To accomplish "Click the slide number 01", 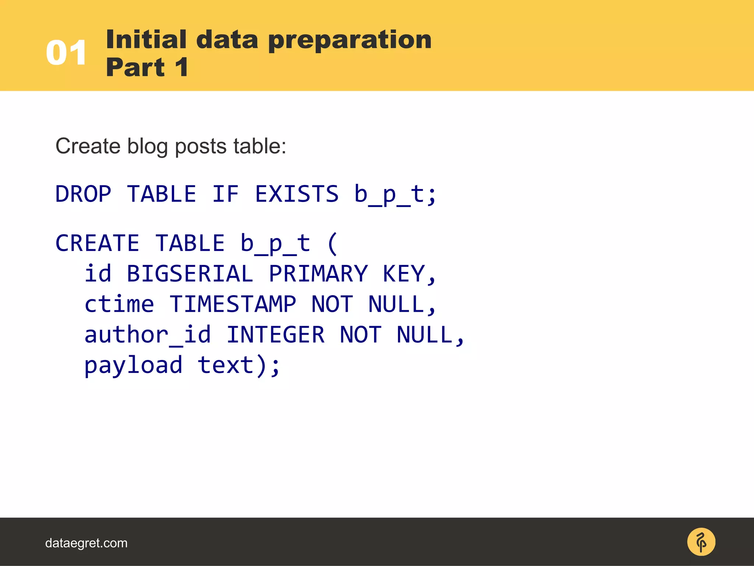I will pos(66,53).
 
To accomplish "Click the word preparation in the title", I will pos(350,40).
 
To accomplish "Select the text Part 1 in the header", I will pos(147,67).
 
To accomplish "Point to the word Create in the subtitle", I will pos(88,146).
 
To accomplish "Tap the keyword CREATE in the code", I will pos(97,243).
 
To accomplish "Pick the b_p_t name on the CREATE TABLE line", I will pos(275,243).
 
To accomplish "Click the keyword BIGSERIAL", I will pos(190,274).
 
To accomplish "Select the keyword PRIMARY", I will pos(318,274).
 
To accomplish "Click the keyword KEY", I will pos(404,274).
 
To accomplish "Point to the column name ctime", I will pos(119,304).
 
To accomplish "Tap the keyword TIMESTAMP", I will pos(233,304).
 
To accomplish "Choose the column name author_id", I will pos(147,335).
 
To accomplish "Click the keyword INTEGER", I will pos(275,335).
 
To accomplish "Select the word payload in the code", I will pos(133,366).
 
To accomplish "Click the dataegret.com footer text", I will pos(86,543).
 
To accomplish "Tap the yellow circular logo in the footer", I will pos(701,542).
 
